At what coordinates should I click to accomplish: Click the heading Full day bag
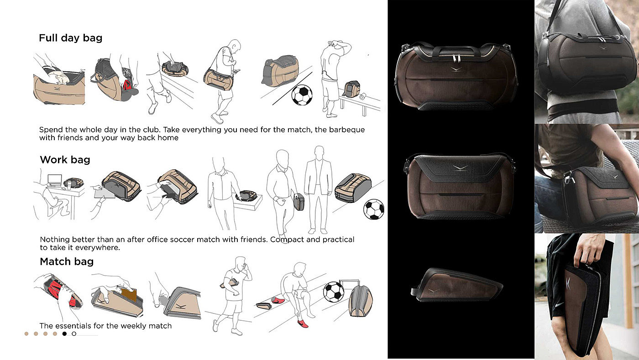70,38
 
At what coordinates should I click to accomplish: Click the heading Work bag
65,159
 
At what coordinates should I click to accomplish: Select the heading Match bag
67,261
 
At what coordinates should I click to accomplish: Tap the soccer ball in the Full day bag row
302,95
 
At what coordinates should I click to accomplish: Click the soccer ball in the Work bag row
374,209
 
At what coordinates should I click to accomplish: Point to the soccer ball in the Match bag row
334,292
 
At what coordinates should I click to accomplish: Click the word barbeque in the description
347,130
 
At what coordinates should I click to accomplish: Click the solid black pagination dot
64,334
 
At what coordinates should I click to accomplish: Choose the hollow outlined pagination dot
74,334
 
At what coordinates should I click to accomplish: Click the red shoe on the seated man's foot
303,324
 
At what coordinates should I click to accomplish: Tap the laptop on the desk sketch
54,180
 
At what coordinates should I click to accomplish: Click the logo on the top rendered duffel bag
456,69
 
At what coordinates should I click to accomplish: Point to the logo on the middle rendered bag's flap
460,168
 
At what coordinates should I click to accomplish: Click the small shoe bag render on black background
456,285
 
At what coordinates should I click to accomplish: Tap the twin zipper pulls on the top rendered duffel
456,58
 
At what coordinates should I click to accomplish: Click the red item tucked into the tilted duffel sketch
127,85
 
